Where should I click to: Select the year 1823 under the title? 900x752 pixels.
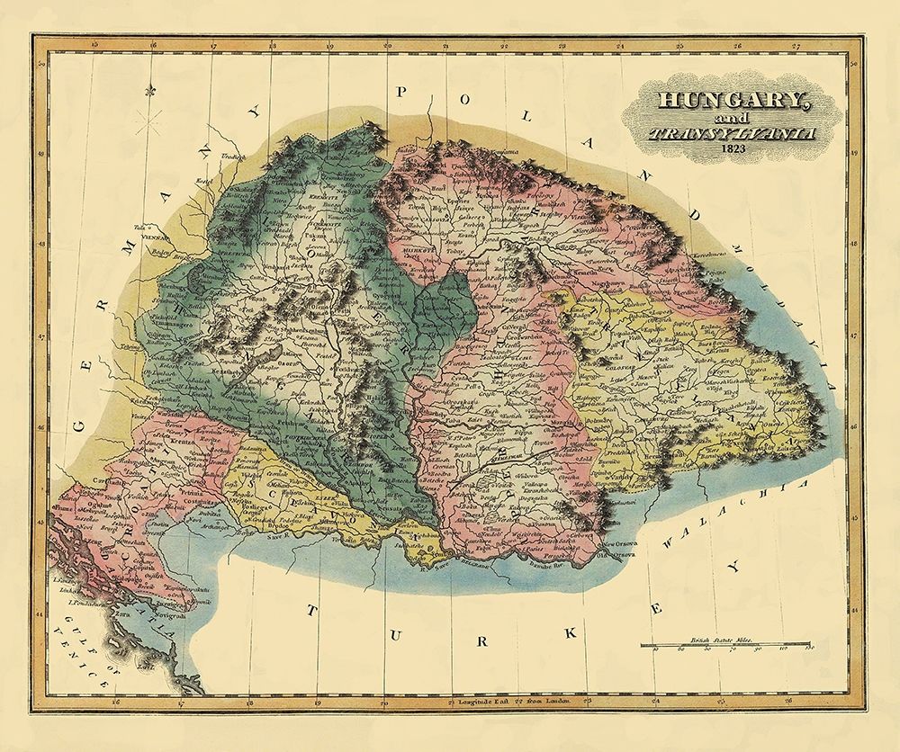pos(733,149)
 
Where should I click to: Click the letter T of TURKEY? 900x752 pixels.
pos(313,611)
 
